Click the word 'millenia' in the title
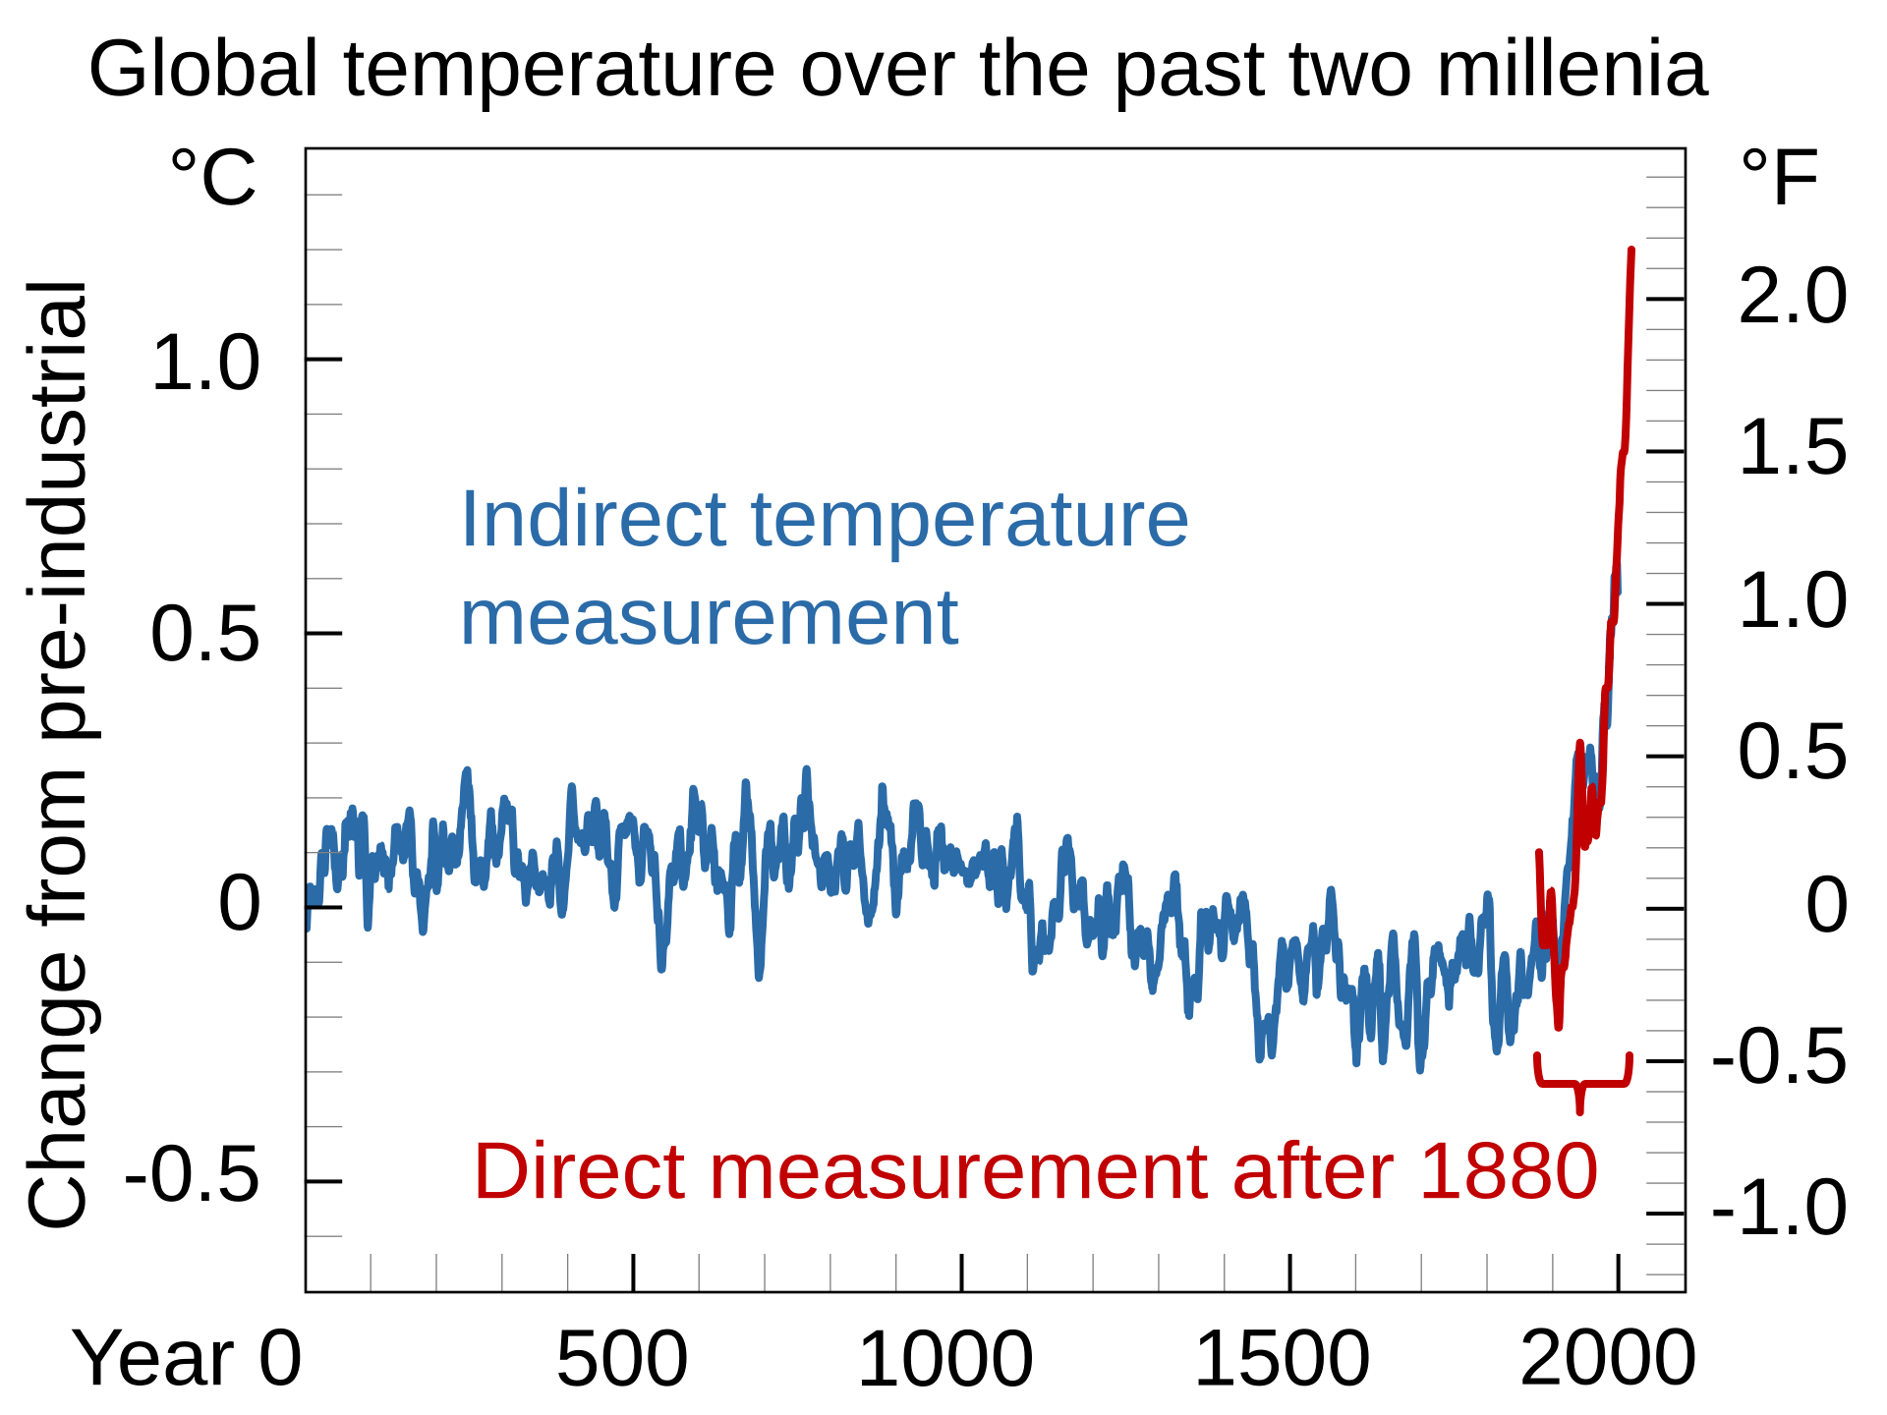point(1572,70)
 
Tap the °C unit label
point(213,178)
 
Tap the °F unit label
point(1779,178)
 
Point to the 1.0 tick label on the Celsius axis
point(205,364)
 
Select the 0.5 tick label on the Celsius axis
point(205,636)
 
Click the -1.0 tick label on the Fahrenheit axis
point(1779,1209)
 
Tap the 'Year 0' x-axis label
point(187,1358)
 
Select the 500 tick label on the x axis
point(622,1359)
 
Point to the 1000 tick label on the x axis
point(945,1359)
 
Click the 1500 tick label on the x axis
point(1282,1359)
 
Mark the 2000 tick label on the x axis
point(1608,1359)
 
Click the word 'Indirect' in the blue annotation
point(594,519)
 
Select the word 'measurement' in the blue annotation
point(709,619)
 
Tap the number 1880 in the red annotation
point(1509,1171)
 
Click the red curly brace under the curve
point(1582,1084)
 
